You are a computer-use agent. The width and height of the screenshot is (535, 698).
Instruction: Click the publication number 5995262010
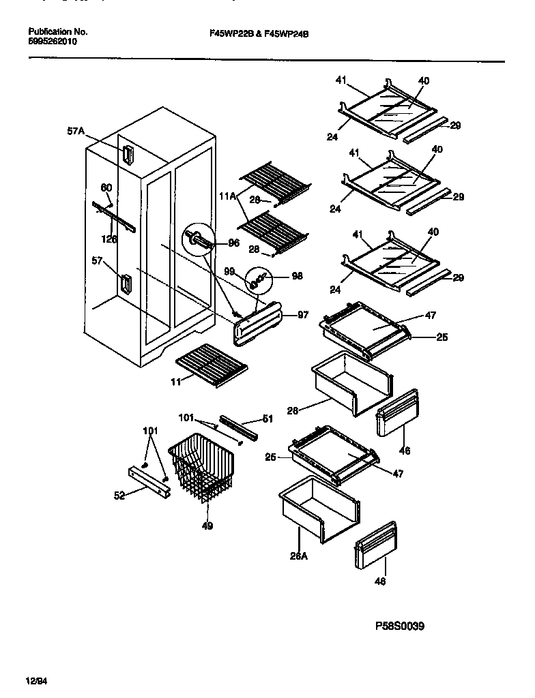[x=53, y=42]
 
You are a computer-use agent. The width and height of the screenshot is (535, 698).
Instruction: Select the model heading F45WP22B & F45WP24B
[x=259, y=32]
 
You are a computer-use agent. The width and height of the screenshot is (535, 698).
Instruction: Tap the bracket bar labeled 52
[x=148, y=479]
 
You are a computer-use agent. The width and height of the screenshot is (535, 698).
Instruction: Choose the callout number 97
[x=303, y=315]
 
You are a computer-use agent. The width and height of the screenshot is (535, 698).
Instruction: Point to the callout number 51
[x=267, y=419]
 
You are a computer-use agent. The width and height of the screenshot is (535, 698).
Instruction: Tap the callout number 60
[x=106, y=188]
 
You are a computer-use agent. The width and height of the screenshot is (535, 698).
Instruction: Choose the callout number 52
[x=119, y=496]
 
